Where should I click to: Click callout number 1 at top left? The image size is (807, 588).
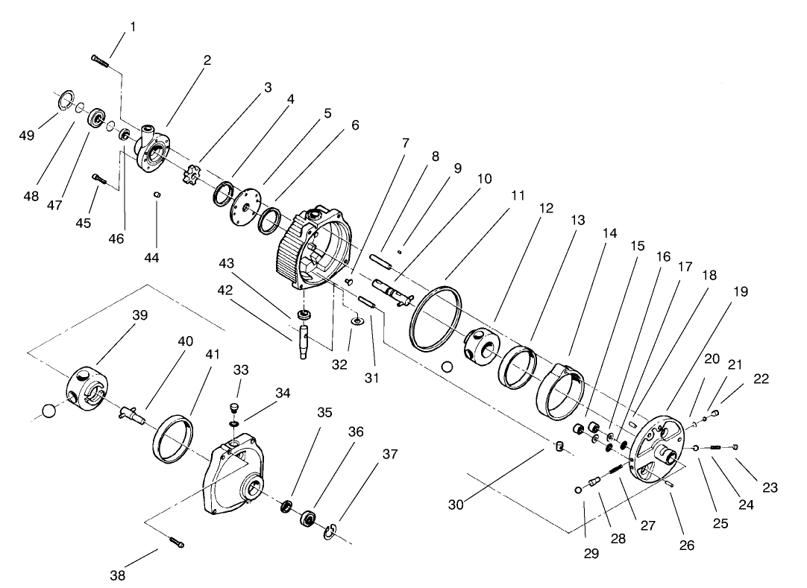click(x=133, y=27)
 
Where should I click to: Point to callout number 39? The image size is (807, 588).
click(x=140, y=315)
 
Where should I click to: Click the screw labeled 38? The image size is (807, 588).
click(x=175, y=543)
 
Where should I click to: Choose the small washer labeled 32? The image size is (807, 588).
click(x=357, y=321)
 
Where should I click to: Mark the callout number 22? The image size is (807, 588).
click(x=761, y=379)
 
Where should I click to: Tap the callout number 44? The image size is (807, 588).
click(x=152, y=258)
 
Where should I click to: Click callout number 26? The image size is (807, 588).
click(x=687, y=545)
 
